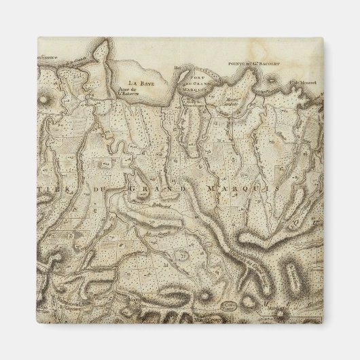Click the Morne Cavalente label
pos(234,103)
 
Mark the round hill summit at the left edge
pos(48,100)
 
